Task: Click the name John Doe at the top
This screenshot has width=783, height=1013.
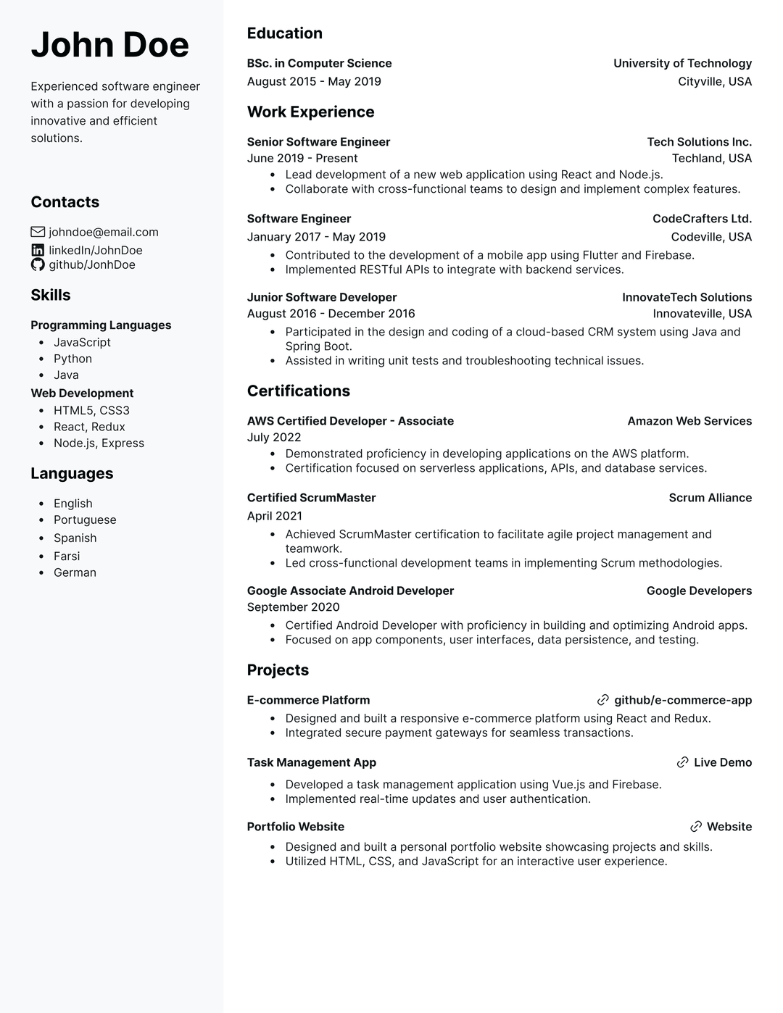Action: click(x=109, y=45)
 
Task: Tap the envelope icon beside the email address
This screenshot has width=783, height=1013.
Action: click(x=38, y=232)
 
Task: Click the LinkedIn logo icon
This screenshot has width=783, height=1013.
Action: click(x=38, y=250)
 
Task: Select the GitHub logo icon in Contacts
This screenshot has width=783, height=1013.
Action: click(x=38, y=264)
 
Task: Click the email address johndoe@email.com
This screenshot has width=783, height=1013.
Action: click(x=103, y=232)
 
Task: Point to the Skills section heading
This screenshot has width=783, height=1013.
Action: click(x=51, y=295)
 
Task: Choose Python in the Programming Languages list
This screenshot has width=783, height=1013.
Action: click(x=72, y=359)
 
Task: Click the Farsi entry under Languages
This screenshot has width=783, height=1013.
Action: click(x=67, y=556)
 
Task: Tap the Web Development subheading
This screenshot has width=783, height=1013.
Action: click(x=82, y=393)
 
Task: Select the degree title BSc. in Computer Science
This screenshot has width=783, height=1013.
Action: click(x=319, y=63)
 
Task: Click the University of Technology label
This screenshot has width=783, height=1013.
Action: click(x=682, y=63)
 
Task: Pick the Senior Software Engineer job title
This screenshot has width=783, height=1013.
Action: click(x=318, y=142)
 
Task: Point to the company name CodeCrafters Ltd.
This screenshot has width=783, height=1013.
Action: click(x=702, y=219)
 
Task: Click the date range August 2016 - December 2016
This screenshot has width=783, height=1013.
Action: click(x=331, y=314)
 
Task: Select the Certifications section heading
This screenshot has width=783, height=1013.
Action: click(x=298, y=391)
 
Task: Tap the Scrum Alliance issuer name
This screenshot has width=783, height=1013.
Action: click(x=710, y=498)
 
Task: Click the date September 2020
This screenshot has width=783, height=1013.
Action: click(x=293, y=607)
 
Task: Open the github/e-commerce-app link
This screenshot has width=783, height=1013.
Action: click(x=682, y=700)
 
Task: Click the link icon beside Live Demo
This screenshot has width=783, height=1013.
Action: click(x=682, y=762)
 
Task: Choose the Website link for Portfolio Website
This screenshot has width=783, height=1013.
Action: click(x=729, y=827)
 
